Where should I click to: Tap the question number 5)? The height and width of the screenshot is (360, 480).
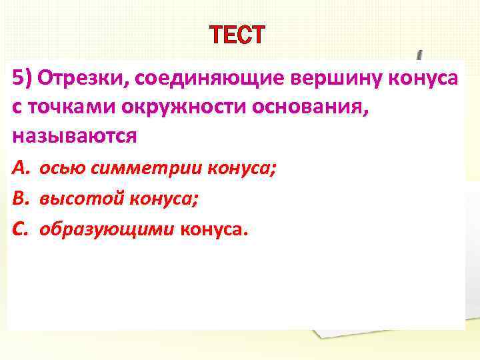coord(22,79)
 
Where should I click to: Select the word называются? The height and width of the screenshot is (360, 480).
coord(74,137)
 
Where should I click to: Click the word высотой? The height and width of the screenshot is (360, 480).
coord(80,199)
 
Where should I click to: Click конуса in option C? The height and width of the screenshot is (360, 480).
coord(213,229)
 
